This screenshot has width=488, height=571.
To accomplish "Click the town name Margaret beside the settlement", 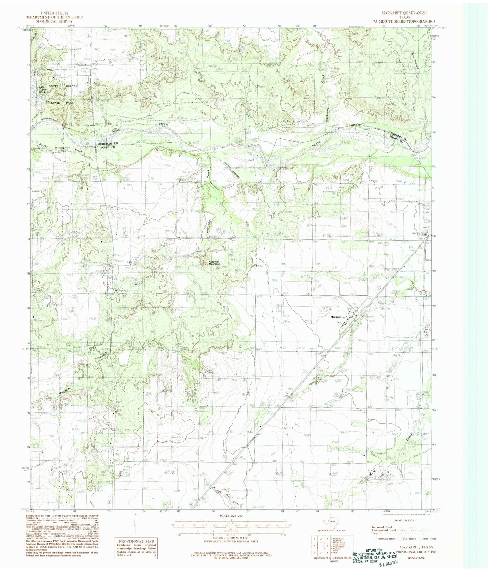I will click(x=336, y=317).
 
